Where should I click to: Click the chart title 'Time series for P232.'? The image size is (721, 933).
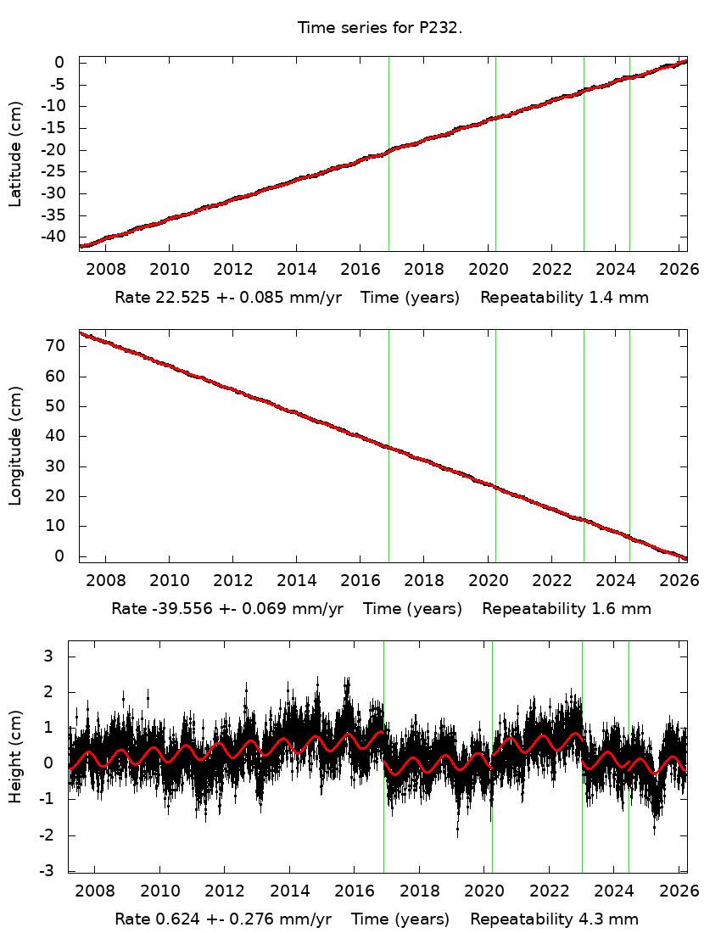[379, 28]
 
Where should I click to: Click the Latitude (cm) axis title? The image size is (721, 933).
[16, 154]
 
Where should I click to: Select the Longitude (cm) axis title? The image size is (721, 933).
[16, 446]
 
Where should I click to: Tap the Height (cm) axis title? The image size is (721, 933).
[16, 756]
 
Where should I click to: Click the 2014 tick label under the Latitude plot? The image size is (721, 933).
[297, 270]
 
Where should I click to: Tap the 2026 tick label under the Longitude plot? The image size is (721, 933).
[679, 581]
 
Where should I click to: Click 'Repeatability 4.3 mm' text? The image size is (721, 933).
[554, 919]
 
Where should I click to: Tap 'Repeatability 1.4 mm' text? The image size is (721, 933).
[564, 298]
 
